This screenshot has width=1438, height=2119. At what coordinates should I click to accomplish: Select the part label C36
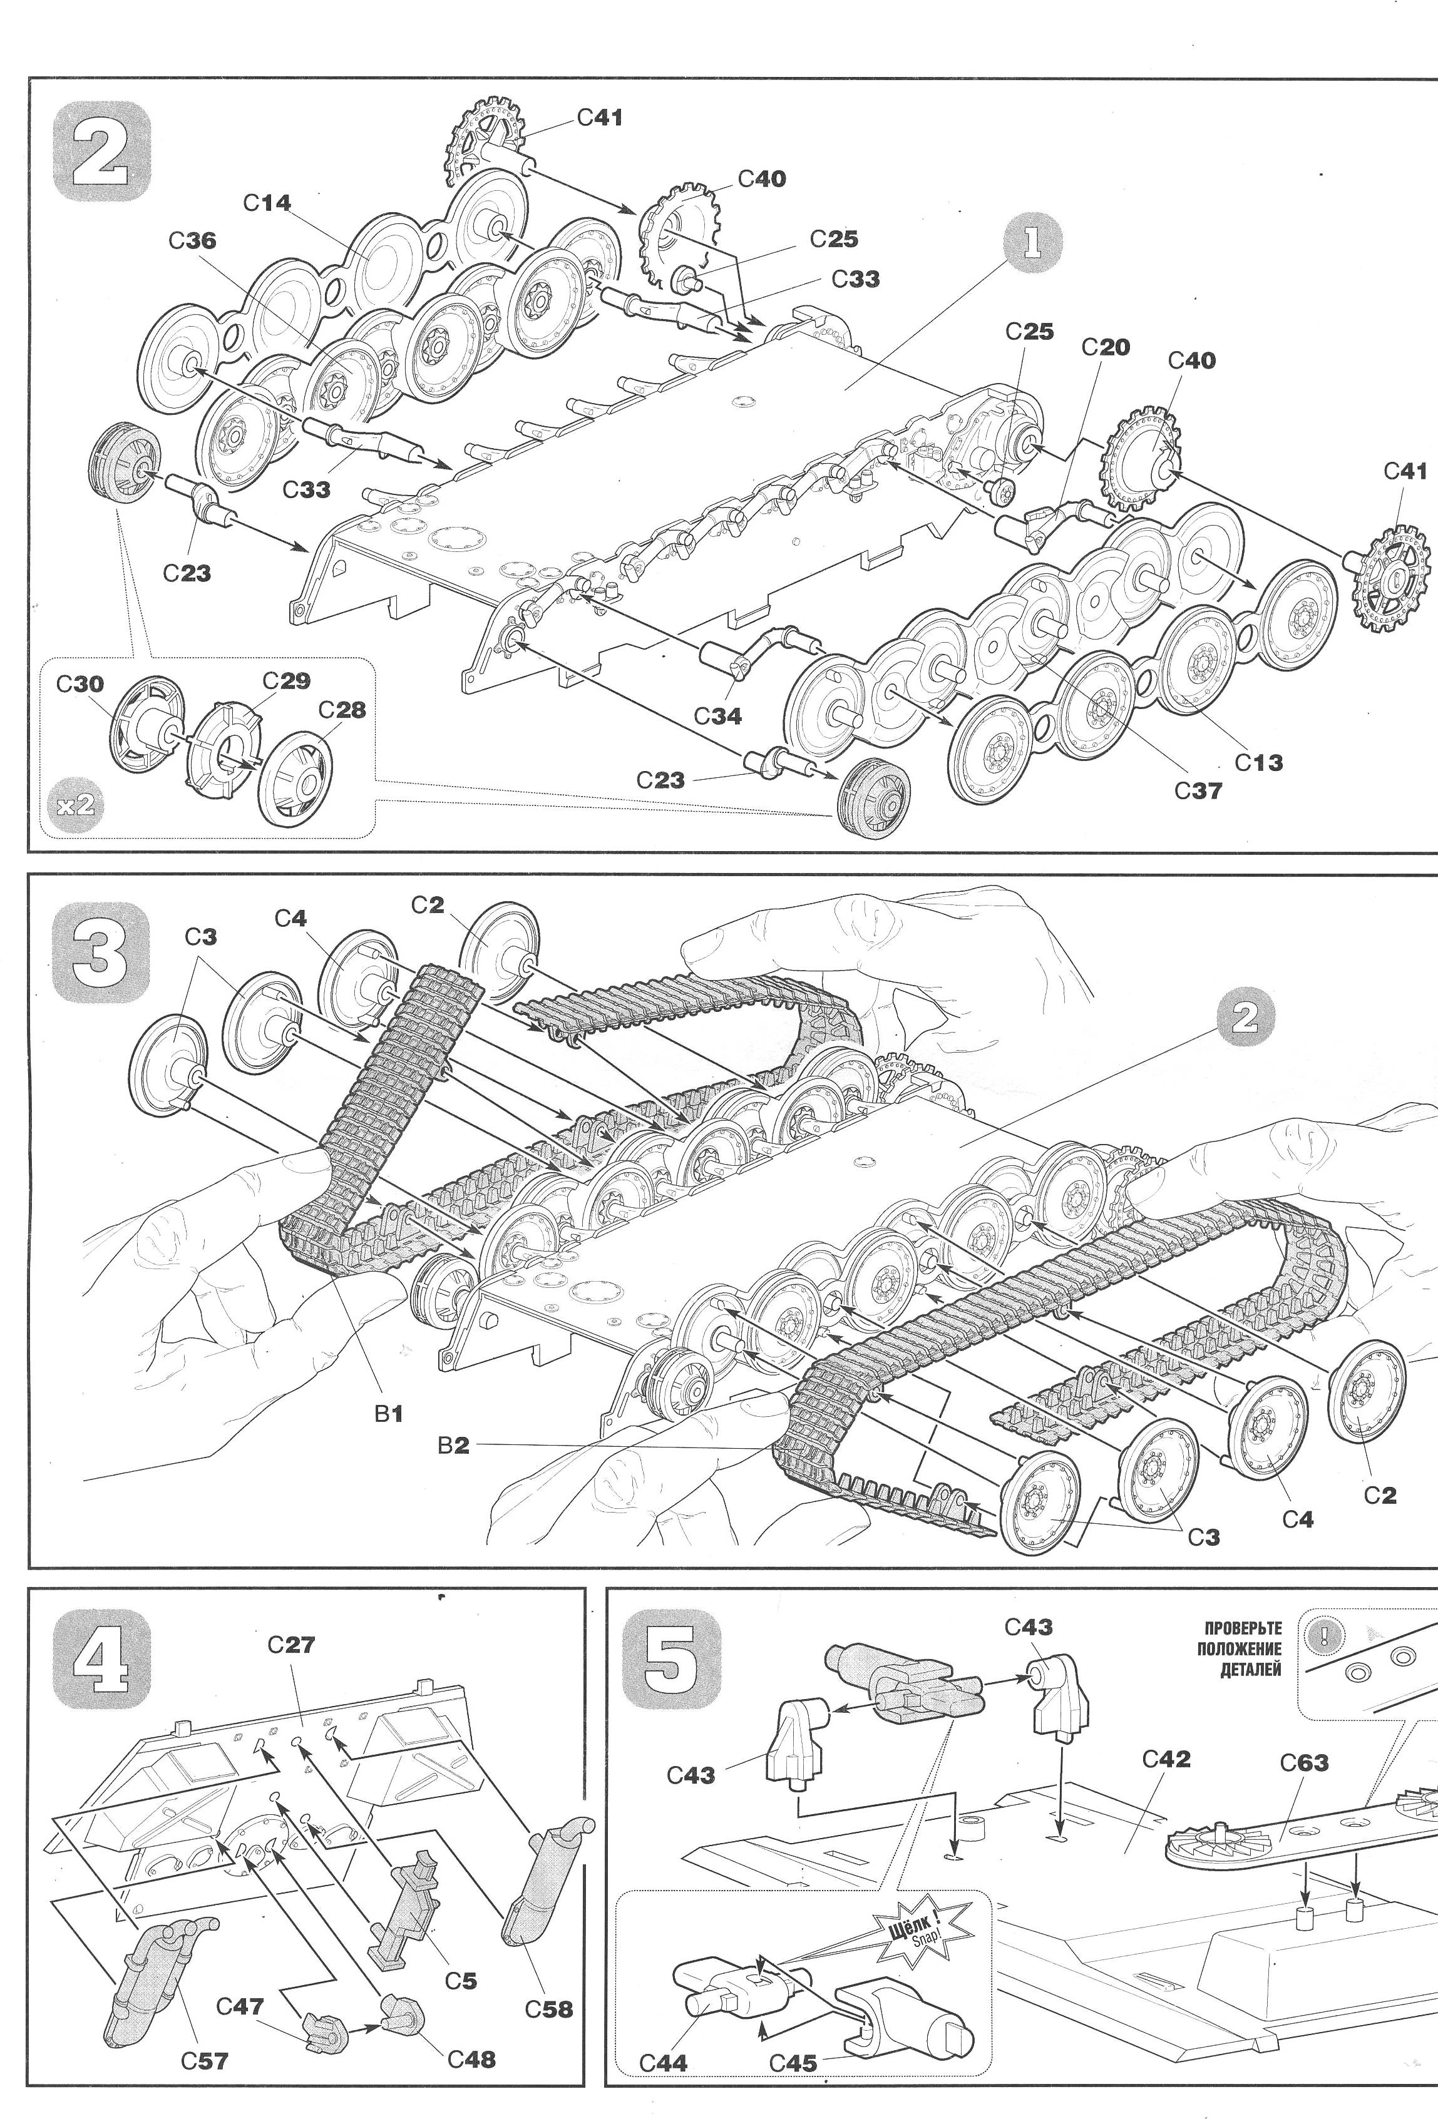tap(192, 241)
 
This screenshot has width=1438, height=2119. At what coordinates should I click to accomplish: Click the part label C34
tap(717, 716)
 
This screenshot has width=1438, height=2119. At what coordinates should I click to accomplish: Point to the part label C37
tap(1197, 790)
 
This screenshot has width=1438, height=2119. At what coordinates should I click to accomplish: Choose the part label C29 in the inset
tap(286, 681)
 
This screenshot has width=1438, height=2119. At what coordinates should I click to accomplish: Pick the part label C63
tap(1304, 1762)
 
